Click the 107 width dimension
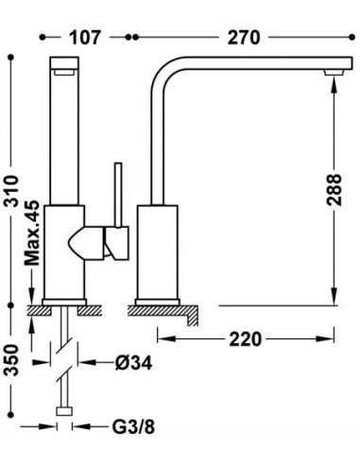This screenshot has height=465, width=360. tap(85, 38)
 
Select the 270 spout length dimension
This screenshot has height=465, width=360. tap(244, 38)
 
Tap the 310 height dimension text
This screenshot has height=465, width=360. tap(11, 191)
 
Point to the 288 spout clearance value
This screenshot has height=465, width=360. tap(334, 190)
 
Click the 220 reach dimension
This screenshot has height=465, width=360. tap(245, 339)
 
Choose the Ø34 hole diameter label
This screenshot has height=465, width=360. tap(133, 363)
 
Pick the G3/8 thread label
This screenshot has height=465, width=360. tap(133, 427)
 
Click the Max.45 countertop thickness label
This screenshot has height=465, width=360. tap(32, 233)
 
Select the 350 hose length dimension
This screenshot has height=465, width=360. tap(11, 360)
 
